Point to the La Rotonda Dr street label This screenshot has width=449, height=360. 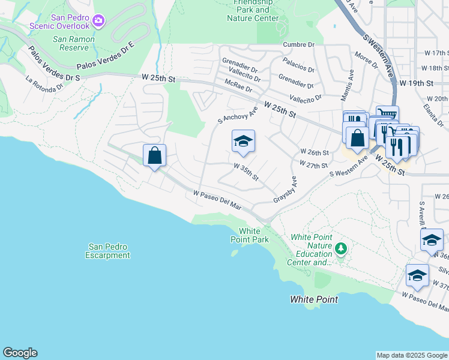[x=44, y=83]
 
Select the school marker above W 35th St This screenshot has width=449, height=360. [x=243, y=142]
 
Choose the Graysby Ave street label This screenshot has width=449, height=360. [x=286, y=189]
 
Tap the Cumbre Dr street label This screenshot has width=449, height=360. [x=299, y=44]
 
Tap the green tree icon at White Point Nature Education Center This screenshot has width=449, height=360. [x=341, y=248]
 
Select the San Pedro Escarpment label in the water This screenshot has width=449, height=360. [x=108, y=251]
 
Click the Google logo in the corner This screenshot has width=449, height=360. [x=20, y=353]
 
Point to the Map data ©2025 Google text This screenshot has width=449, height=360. [x=412, y=355]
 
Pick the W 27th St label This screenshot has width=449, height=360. [x=313, y=164]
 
